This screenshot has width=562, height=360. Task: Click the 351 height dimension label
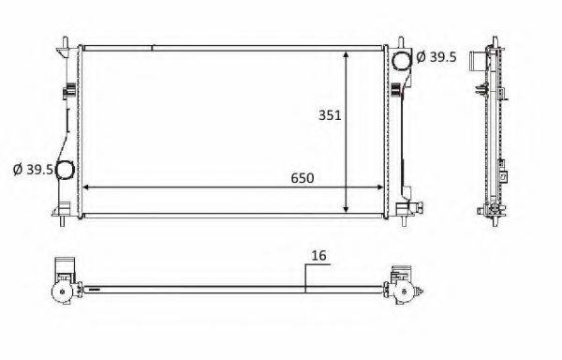click(330, 115)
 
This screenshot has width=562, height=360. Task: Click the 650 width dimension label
click(303, 178)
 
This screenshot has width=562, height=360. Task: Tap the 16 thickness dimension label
click(318, 255)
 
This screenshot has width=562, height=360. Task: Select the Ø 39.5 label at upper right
click(436, 56)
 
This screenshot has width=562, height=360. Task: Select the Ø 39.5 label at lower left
click(33, 170)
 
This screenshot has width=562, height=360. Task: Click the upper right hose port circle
click(402, 60)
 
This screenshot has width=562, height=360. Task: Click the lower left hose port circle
click(66, 170)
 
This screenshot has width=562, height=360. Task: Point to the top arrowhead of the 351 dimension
click(346, 54)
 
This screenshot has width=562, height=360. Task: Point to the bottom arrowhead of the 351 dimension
click(346, 209)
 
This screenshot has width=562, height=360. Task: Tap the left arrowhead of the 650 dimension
click(86, 187)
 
